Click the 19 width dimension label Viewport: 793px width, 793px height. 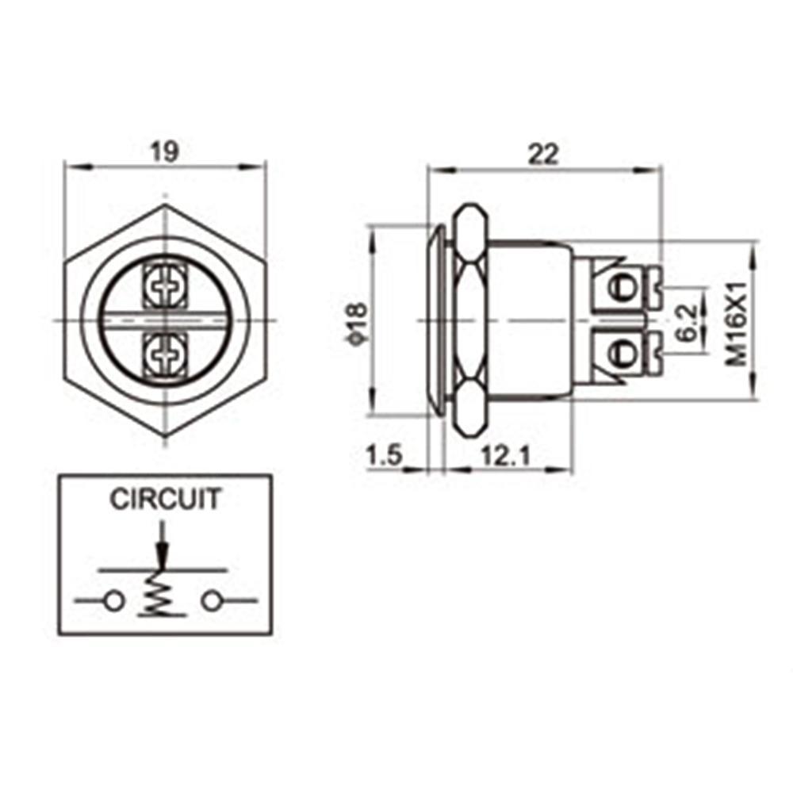(x=166, y=151)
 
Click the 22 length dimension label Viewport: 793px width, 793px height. (x=543, y=154)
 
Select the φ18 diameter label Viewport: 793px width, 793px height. (x=358, y=324)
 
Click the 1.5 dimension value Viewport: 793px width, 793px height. (x=385, y=456)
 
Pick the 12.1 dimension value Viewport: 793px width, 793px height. (x=505, y=456)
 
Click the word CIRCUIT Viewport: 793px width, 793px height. (x=166, y=499)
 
